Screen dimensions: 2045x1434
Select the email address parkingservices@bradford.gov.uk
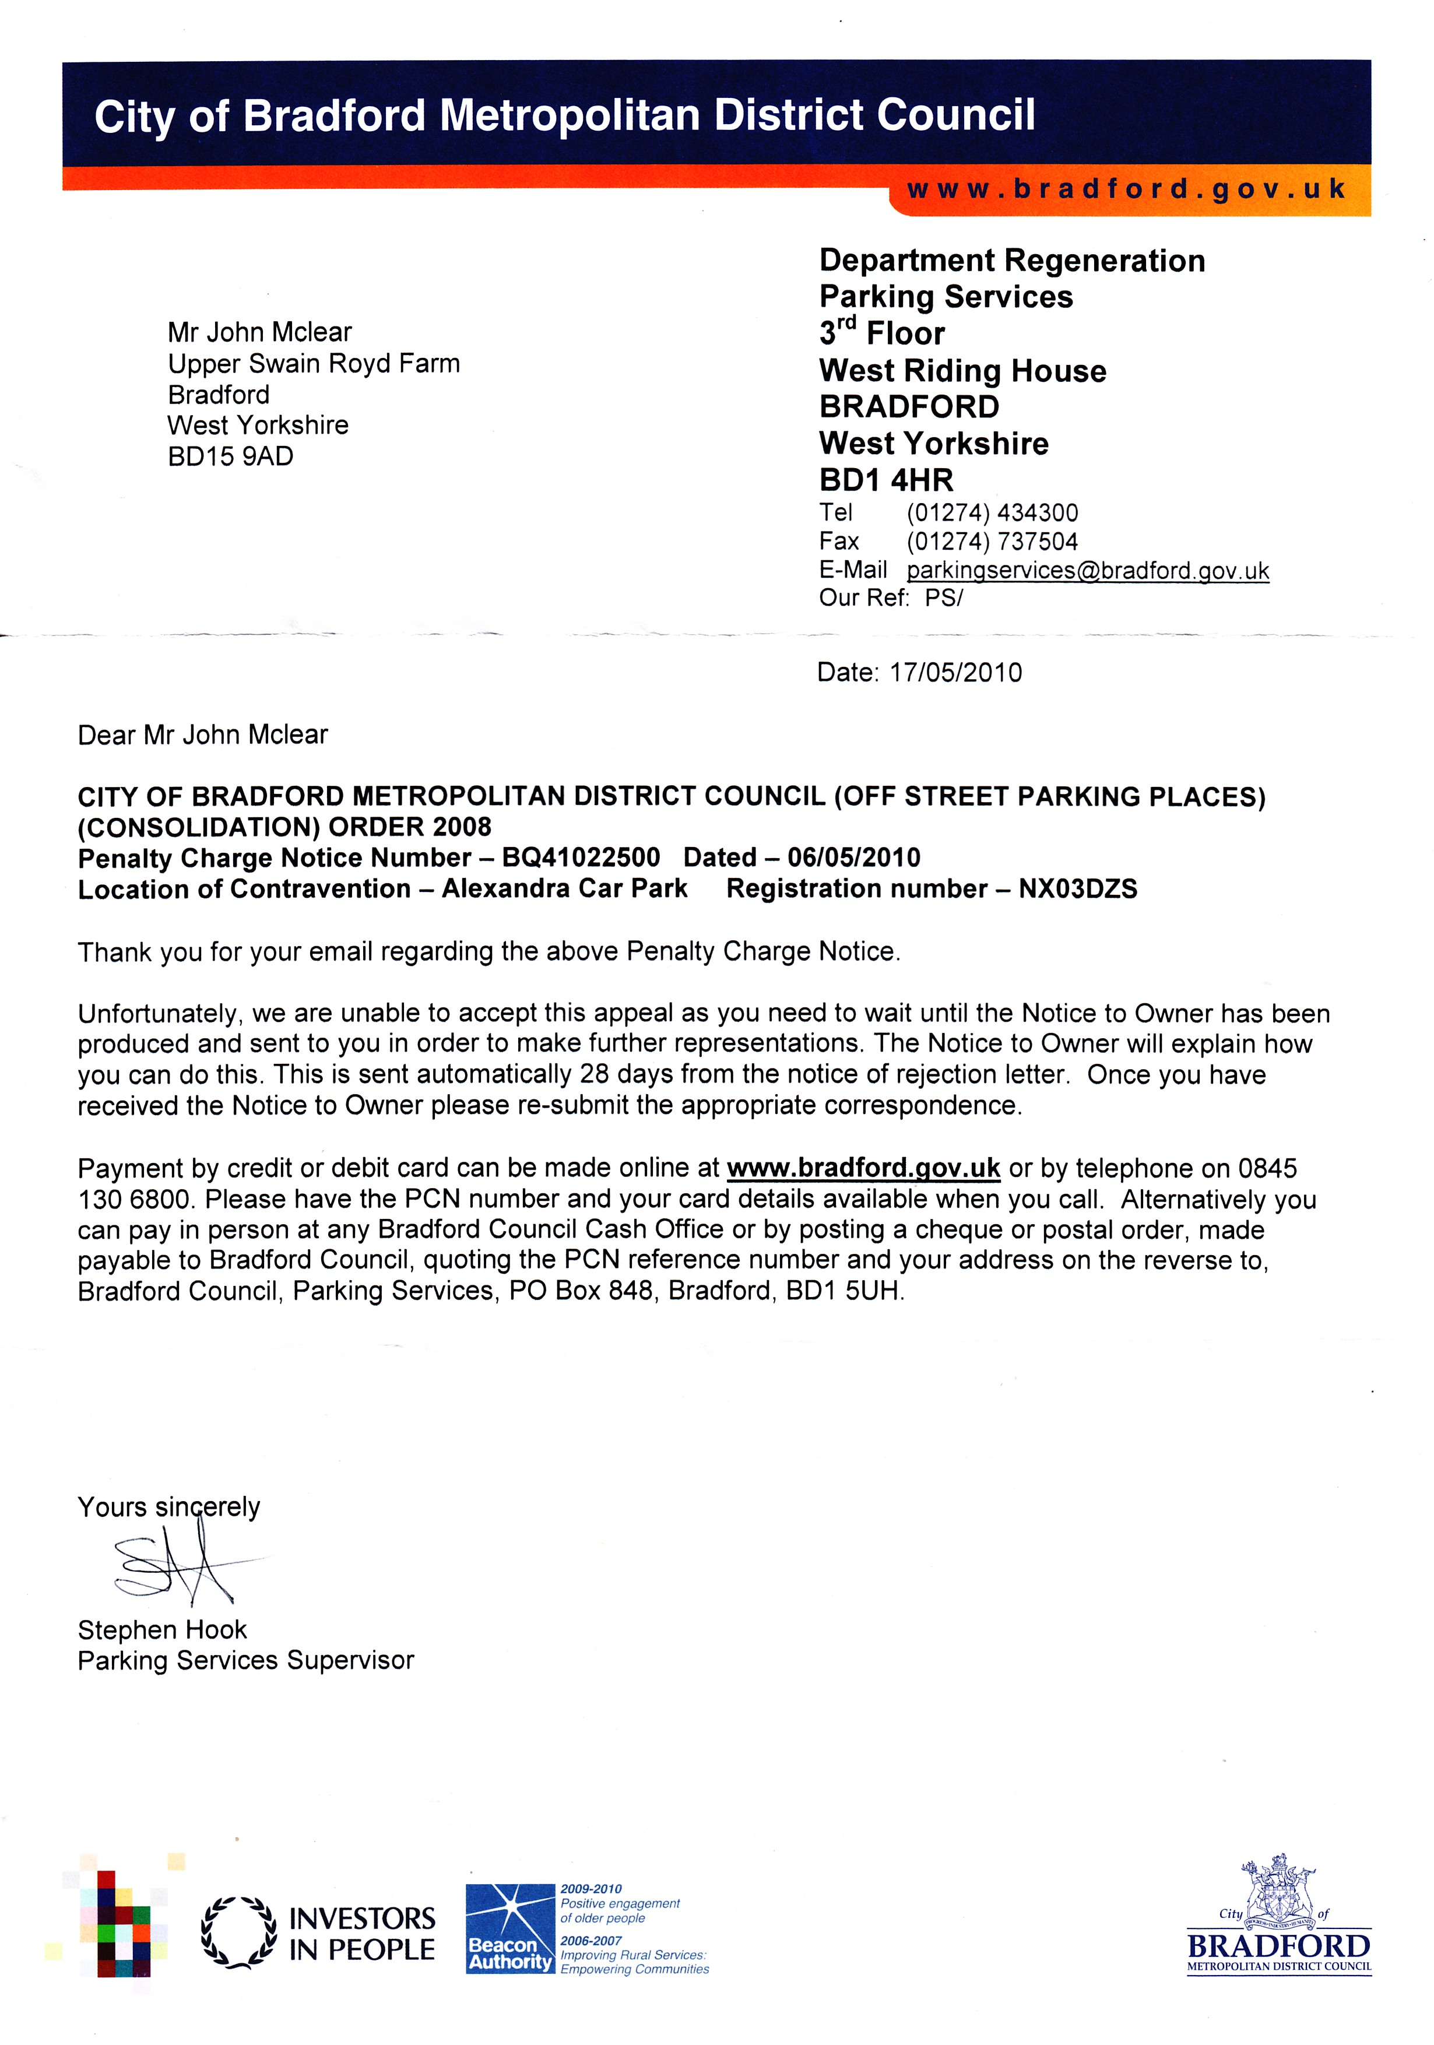click(1088, 570)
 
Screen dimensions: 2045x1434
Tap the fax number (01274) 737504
click(992, 542)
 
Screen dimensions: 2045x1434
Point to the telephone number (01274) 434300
click(992, 513)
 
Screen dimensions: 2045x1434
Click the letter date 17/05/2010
click(955, 673)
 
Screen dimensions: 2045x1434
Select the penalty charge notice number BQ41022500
click(581, 858)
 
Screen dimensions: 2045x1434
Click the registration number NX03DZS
click(1078, 889)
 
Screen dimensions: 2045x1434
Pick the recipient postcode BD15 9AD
click(230, 456)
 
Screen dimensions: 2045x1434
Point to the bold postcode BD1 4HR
click(885, 480)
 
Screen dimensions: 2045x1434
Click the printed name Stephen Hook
click(162, 1630)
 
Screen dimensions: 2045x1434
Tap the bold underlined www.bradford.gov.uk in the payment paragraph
click(863, 1168)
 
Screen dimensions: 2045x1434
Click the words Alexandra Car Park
click(565, 889)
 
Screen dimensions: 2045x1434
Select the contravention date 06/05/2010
click(853, 858)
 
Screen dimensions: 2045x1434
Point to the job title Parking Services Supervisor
click(246, 1660)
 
